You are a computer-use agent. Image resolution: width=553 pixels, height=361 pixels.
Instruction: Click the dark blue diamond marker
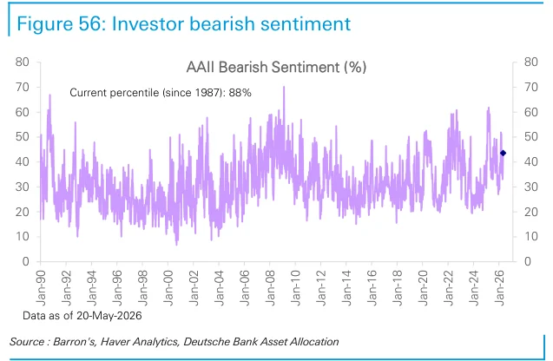coord(503,153)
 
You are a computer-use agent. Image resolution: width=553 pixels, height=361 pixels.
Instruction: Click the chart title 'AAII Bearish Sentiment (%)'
coord(276,67)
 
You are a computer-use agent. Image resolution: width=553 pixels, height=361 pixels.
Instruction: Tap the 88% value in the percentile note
coord(240,93)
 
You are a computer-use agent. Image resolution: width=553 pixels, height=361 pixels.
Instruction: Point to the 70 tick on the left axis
coord(22,87)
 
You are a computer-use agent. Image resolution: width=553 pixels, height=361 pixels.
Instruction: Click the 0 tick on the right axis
coord(528,261)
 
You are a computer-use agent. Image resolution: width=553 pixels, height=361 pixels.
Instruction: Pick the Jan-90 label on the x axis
coord(41,288)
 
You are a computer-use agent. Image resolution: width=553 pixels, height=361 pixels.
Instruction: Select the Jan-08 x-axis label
coord(270,288)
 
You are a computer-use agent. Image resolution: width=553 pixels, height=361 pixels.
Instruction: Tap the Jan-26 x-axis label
coord(499,288)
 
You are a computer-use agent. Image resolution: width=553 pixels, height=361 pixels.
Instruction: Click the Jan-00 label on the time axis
coord(168,288)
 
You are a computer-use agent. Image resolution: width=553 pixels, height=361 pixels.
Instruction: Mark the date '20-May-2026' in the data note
coord(109,315)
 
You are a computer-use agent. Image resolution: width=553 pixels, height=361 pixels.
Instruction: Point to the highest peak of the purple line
coord(284,87)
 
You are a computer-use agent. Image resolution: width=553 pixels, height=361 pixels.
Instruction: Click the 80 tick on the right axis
coord(531,62)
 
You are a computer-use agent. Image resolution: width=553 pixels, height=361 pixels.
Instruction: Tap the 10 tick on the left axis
coord(22,237)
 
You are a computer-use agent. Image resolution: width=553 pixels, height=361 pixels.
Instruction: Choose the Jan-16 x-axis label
coord(372,288)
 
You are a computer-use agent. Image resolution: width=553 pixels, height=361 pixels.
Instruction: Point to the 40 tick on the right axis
coord(531,161)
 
